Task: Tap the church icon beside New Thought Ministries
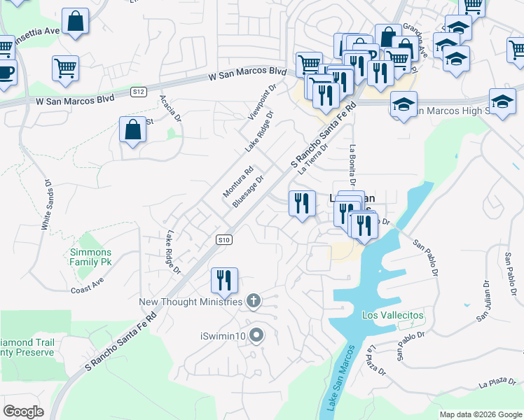254,302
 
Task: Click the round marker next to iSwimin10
256,336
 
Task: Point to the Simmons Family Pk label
90,257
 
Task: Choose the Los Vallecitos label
392,316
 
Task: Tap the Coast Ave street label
87,286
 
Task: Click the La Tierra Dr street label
313,158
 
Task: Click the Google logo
23,411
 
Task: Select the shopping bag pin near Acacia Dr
132,129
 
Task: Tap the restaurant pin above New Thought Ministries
225,281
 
